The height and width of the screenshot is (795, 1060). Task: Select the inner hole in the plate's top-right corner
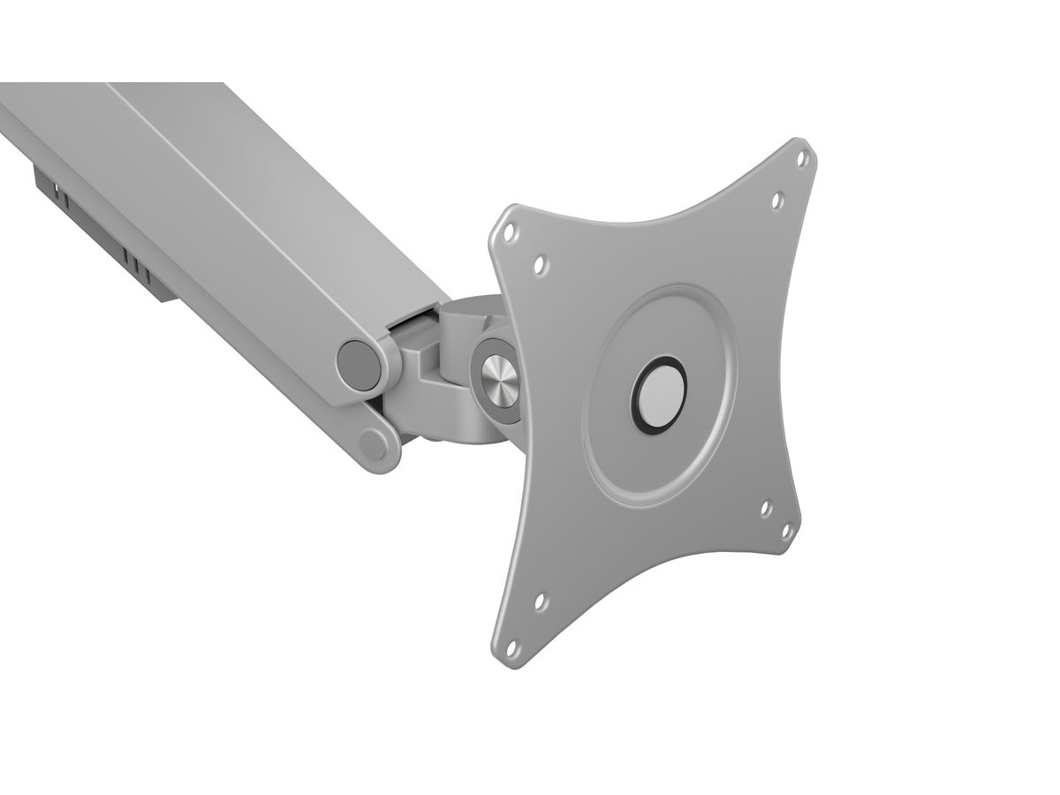point(777,201)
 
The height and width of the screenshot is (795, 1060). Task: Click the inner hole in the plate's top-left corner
point(540,264)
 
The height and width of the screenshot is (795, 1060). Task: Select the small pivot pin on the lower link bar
point(375,444)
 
